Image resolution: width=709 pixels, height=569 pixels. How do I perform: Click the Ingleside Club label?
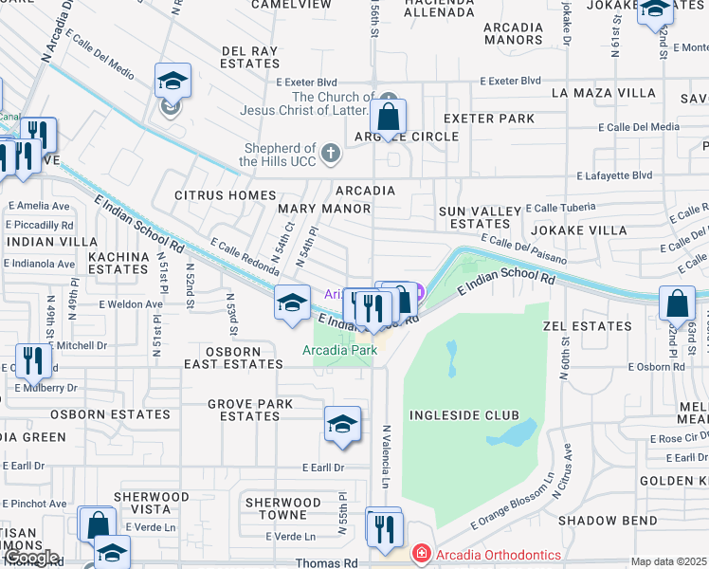pos(464,415)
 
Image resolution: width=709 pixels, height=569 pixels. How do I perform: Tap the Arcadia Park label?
pos(340,350)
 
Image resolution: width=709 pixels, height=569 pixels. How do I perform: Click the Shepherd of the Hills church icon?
pos(330,152)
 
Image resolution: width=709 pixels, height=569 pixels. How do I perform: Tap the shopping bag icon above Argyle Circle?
pos(388,117)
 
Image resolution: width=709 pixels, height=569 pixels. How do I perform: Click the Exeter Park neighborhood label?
pos(489,119)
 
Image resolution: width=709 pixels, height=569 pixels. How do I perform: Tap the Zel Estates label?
pos(574,326)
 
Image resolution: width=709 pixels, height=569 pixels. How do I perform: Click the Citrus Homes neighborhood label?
pos(225,195)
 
